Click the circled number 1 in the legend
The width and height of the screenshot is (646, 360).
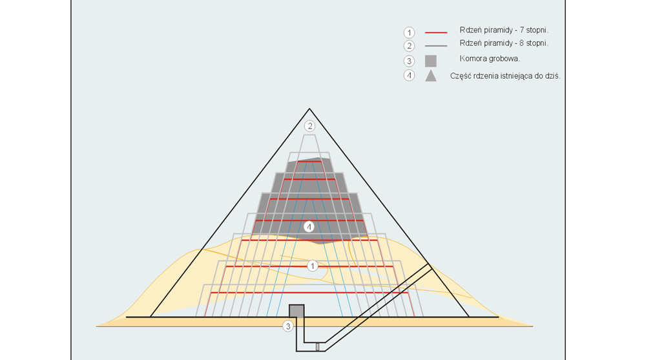point(409,32)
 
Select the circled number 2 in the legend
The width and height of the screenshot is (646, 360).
point(409,46)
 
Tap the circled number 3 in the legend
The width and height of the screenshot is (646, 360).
point(409,61)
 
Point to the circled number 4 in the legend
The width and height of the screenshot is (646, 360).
point(409,76)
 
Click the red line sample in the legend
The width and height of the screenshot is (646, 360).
point(436,32)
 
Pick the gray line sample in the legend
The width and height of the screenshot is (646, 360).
point(436,45)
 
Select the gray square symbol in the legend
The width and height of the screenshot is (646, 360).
point(430,61)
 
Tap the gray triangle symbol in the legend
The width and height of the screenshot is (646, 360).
point(431,76)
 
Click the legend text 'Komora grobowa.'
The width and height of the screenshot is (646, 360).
point(490,59)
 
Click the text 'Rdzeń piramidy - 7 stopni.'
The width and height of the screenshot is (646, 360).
point(504,30)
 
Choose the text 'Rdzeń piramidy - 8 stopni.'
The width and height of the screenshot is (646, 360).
point(504,43)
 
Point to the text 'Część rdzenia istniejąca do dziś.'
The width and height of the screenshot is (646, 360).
point(505,76)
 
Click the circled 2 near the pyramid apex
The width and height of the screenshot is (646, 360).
point(310,126)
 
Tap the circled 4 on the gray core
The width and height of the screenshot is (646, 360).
point(309,226)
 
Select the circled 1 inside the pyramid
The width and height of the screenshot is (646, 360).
point(312,266)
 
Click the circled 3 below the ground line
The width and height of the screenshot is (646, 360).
point(288,326)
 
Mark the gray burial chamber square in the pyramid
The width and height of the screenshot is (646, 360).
point(297,311)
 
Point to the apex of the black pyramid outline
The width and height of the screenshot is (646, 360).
point(309,109)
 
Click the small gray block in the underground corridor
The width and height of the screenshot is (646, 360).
point(317,347)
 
